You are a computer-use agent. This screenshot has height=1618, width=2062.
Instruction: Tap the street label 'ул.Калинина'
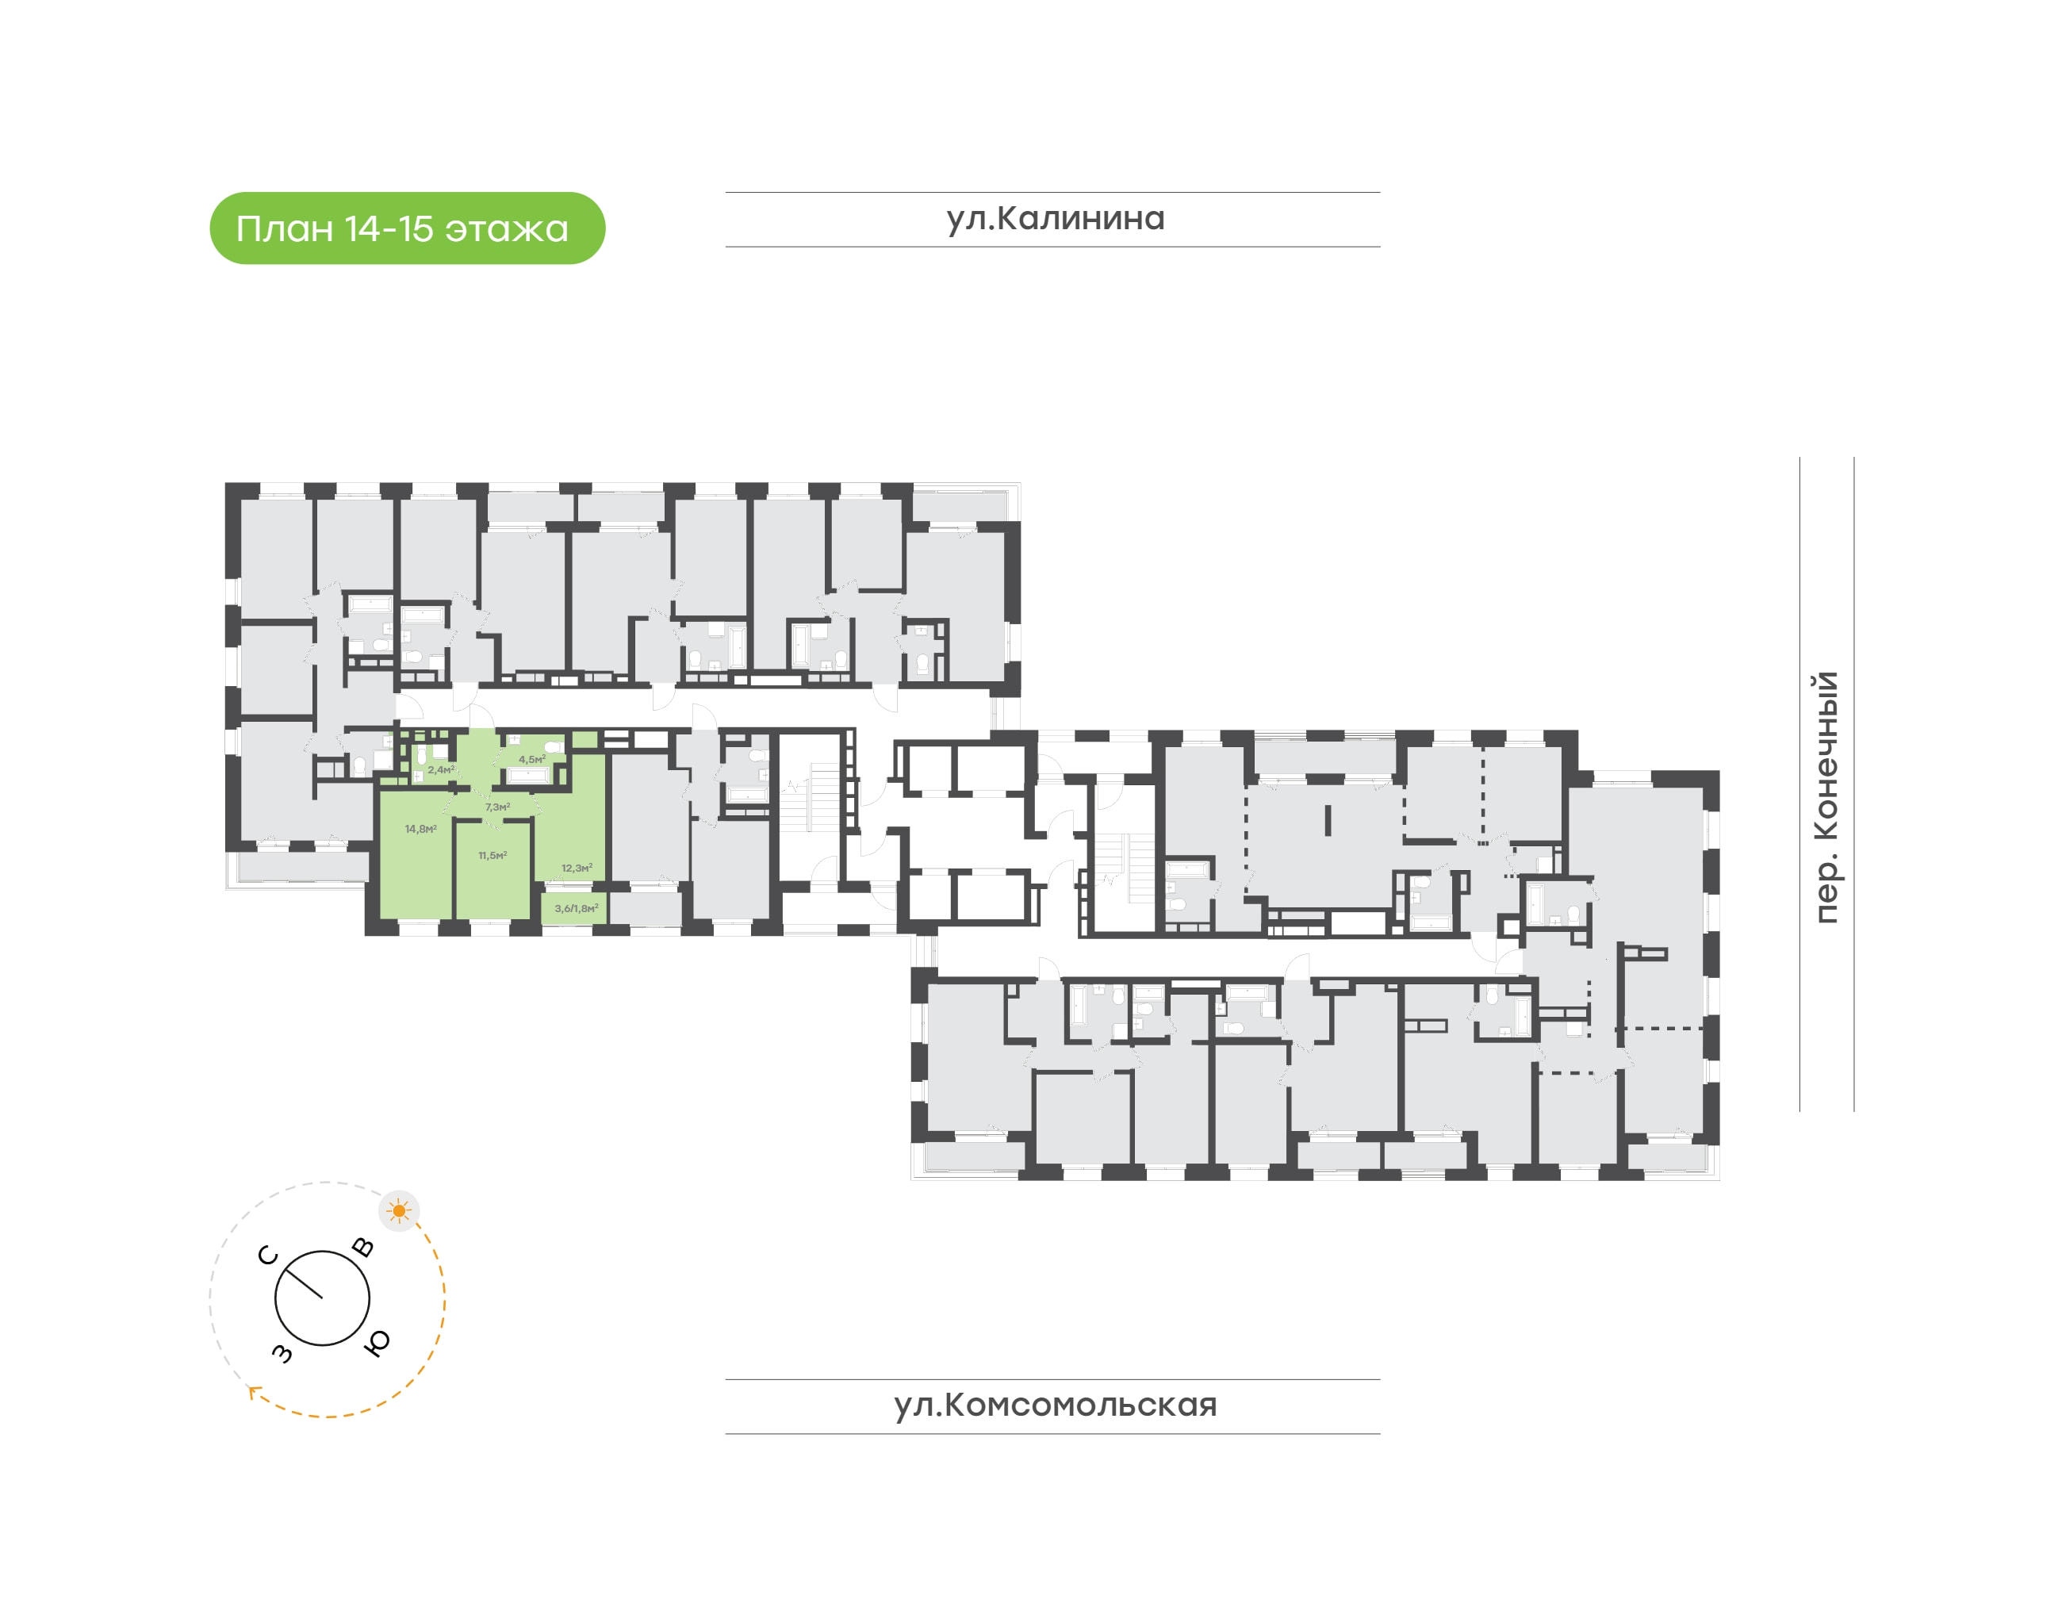click(x=1055, y=219)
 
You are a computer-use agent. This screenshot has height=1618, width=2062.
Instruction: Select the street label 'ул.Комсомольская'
click(x=1055, y=1405)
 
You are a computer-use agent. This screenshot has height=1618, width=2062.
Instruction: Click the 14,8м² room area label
click(x=420, y=829)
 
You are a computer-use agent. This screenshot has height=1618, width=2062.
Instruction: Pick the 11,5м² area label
click(x=493, y=856)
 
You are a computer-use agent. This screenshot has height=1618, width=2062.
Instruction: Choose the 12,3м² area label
click(x=577, y=868)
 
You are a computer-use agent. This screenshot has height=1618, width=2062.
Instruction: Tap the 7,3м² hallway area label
click(x=498, y=807)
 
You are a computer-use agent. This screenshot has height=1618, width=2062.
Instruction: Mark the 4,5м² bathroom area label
click(x=532, y=760)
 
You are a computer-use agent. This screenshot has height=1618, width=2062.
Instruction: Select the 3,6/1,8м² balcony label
click(x=577, y=908)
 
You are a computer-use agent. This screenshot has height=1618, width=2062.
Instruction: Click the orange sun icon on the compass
click(x=399, y=1210)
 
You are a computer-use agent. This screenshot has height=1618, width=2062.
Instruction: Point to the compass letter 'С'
click(x=268, y=1256)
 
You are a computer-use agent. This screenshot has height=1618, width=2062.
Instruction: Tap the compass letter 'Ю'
click(x=377, y=1342)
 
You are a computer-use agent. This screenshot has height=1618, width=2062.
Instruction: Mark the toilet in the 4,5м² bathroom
click(x=553, y=746)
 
